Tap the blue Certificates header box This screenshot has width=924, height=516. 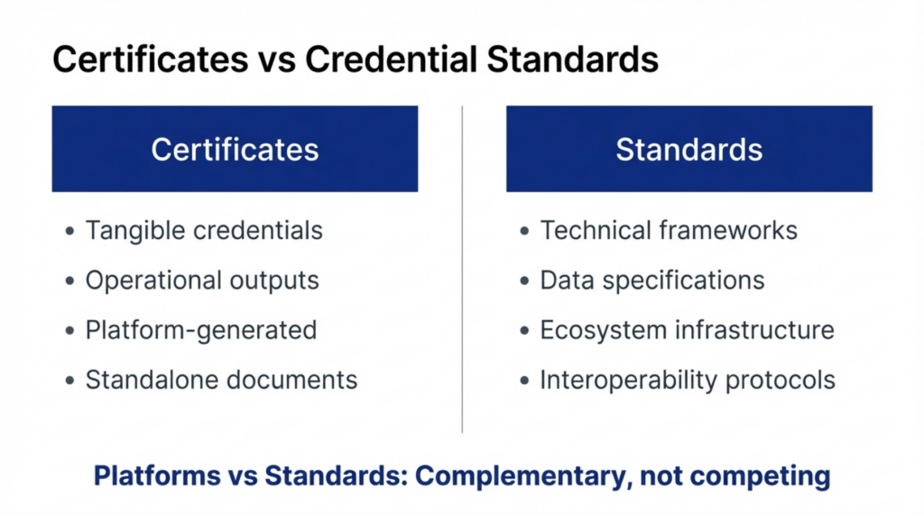[x=235, y=149]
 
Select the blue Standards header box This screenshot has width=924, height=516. [x=688, y=149]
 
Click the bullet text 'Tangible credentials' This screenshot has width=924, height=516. [x=204, y=231]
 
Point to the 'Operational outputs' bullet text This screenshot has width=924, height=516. [x=202, y=281]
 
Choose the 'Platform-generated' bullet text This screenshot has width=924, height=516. [x=201, y=330]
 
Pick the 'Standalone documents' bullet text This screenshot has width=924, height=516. [x=221, y=380]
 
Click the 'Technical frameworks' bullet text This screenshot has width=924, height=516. [x=669, y=231]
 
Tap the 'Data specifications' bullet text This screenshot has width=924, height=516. [x=652, y=281]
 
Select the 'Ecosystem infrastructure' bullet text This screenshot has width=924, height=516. [x=687, y=330]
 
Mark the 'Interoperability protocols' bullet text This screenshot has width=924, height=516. [x=688, y=380]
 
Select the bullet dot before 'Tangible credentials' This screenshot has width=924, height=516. [x=70, y=232]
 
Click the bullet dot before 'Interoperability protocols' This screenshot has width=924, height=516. [x=525, y=381]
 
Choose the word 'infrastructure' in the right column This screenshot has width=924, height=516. [x=755, y=330]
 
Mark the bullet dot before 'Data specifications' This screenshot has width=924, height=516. [x=525, y=281]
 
